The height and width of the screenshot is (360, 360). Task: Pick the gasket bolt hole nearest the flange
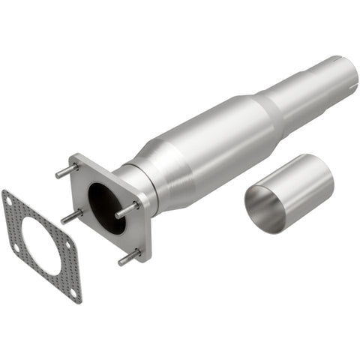[67, 243]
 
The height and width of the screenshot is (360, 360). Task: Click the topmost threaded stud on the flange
[64, 172]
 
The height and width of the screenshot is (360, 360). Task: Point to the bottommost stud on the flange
[127, 259]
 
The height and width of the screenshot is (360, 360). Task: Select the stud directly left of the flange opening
[71, 217]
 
